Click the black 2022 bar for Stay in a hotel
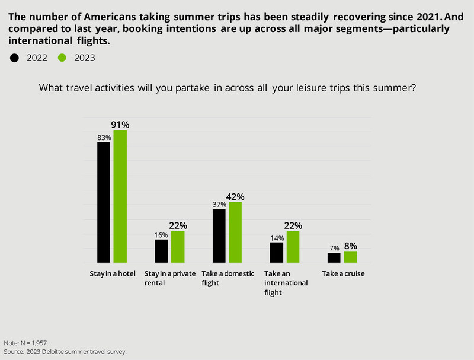(x=104, y=202)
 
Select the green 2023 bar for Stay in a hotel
(x=120, y=196)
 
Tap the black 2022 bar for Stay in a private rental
(x=161, y=251)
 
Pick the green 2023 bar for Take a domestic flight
(x=236, y=232)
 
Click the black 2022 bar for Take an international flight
(x=276, y=252)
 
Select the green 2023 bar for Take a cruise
(x=350, y=257)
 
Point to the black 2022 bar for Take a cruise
(x=334, y=257)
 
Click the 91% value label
(x=120, y=125)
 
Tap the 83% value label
(x=104, y=137)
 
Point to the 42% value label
(x=236, y=196)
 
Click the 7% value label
(x=334, y=247)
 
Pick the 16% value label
(x=161, y=234)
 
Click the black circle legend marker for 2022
(x=15, y=58)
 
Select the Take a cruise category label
(x=342, y=274)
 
